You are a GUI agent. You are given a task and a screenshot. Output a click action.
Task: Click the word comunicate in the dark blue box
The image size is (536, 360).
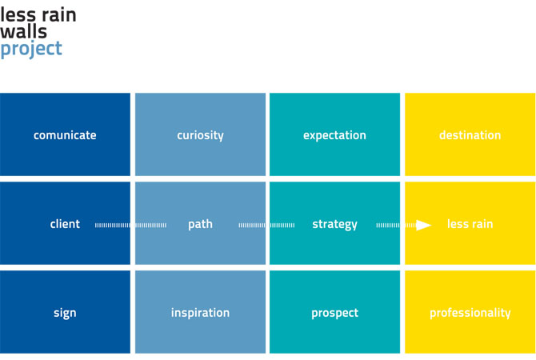tap(65, 135)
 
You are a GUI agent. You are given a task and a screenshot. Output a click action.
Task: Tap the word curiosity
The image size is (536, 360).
tap(200, 136)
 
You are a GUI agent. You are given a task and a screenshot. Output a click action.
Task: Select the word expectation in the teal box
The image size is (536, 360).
tap(334, 136)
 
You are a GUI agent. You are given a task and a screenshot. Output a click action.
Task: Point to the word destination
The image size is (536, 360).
tap(470, 135)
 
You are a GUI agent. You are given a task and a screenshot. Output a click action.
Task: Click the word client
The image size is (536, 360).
tap(65, 224)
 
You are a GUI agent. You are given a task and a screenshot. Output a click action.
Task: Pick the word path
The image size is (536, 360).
tap(200, 225)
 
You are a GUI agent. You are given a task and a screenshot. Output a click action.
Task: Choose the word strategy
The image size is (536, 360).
tap(334, 225)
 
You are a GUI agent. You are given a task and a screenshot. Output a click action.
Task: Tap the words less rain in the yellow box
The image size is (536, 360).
tap(470, 224)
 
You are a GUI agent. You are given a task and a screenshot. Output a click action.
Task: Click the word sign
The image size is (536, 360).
tap(65, 314)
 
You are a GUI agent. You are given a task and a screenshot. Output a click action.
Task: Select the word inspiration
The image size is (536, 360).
tap(200, 313)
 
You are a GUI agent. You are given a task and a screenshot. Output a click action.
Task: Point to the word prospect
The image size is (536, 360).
tap(335, 314)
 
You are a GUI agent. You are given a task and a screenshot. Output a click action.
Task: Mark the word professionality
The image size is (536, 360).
tap(470, 313)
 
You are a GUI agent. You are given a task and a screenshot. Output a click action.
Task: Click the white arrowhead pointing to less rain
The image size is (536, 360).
tap(423, 225)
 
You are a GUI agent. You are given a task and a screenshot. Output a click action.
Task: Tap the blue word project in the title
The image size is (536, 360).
tap(31, 50)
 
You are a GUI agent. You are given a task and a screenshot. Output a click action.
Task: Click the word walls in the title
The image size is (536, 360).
tap(23, 31)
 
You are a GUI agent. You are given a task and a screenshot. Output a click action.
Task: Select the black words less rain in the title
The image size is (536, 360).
tap(38, 15)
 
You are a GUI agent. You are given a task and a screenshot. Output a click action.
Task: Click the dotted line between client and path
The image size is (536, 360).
tap(131, 225)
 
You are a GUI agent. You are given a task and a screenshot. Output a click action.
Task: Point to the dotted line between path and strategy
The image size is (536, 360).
tap(266, 225)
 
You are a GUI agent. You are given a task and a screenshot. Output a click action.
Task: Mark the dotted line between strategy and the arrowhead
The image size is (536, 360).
tap(396, 225)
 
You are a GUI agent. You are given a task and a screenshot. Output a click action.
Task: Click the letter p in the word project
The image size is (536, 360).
tap(5, 51)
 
